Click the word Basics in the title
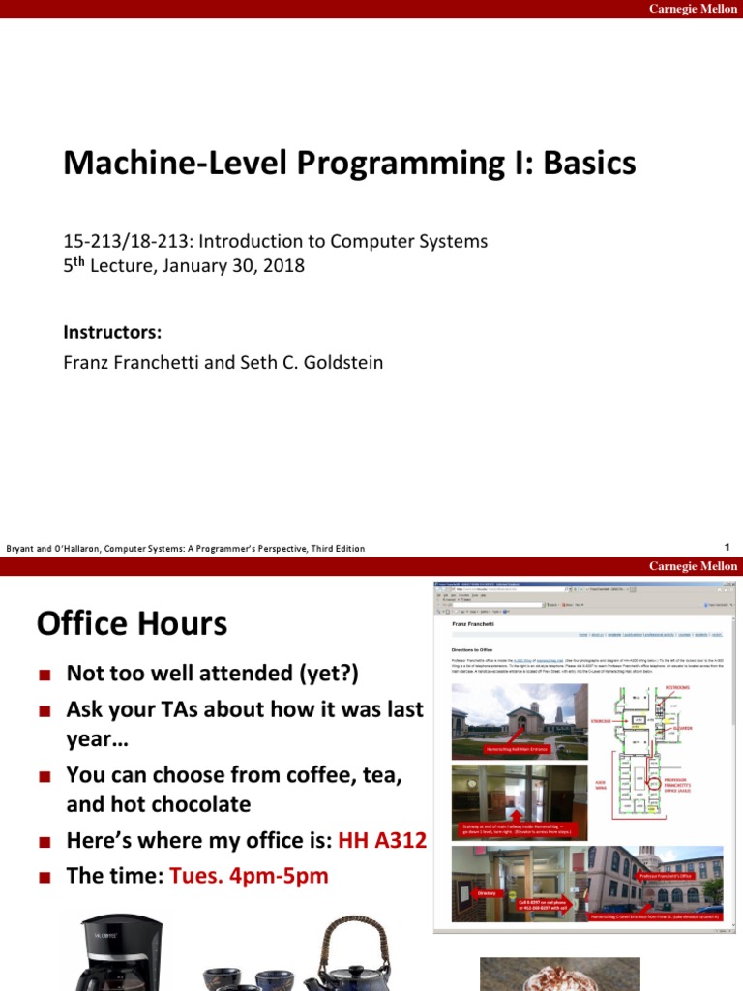589,164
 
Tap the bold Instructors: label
112,332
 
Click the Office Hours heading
132,623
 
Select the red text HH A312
382,840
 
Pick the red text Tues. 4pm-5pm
249,876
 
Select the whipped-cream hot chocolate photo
560,973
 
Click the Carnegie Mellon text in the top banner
692,9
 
